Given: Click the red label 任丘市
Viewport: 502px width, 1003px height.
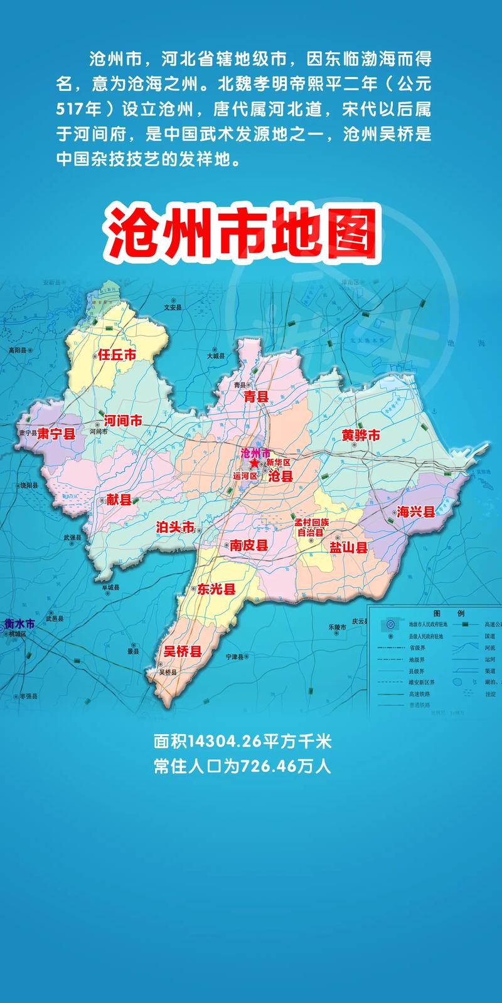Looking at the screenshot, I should [x=117, y=355].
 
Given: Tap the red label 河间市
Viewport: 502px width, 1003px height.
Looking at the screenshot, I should [x=123, y=421].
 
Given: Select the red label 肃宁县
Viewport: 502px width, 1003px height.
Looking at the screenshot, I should [x=56, y=434].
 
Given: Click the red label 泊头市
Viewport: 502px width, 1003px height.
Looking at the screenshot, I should [x=175, y=527].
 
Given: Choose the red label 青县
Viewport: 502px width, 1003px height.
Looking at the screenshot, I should [x=256, y=396].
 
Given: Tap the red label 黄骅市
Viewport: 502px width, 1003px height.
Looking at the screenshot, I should [x=361, y=435].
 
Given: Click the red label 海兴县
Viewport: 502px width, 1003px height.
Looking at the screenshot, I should [x=415, y=512].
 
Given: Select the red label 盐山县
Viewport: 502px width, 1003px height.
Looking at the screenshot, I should [x=348, y=547].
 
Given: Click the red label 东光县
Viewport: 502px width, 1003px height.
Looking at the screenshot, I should [x=216, y=589].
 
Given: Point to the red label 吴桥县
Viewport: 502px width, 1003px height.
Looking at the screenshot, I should [x=183, y=652].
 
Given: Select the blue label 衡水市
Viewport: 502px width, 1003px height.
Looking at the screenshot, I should [x=19, y=624].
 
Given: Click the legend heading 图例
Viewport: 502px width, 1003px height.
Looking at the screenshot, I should [x=448, y=612].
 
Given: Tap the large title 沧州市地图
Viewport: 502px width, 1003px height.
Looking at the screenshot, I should [x=243, y=231].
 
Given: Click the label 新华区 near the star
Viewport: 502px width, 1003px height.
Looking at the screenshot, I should [x=279, y=463].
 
